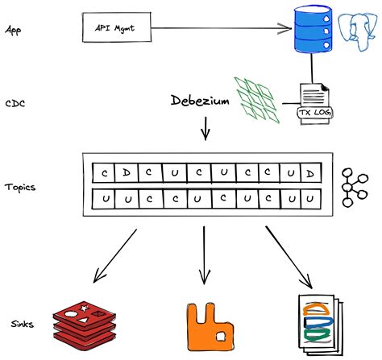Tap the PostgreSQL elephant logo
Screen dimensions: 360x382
(358, 35)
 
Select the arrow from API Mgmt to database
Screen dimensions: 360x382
(218, 29)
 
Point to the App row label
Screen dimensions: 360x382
(13, 29)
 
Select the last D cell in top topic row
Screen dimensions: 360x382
(309, 173)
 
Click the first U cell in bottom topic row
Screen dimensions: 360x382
(104, 197)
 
